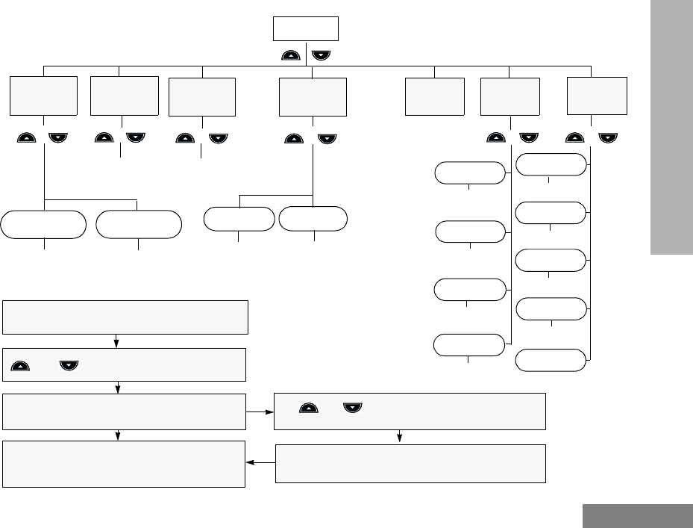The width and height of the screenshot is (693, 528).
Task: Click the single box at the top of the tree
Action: pos(306,29)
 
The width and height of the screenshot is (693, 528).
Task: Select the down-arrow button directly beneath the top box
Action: pos(322,55)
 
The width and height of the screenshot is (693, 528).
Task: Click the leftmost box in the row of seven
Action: pos(44,95)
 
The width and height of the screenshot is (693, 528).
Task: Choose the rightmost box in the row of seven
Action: pos(597,94)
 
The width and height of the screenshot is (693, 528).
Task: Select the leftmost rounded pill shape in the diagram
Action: pos(43,224)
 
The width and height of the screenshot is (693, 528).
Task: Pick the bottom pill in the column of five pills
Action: pos(551,360)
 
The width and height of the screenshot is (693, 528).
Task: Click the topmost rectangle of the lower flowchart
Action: pos(125,317)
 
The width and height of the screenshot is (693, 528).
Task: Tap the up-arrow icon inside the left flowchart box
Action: pos(22,365)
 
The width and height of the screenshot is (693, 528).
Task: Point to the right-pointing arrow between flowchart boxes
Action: pos(260,411)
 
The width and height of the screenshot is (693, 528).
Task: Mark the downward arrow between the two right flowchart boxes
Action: pos(400,437)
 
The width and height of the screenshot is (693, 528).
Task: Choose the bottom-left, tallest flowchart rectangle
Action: pos(123,464)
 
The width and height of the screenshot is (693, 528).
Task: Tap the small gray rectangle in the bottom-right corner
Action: pos(637,516)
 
